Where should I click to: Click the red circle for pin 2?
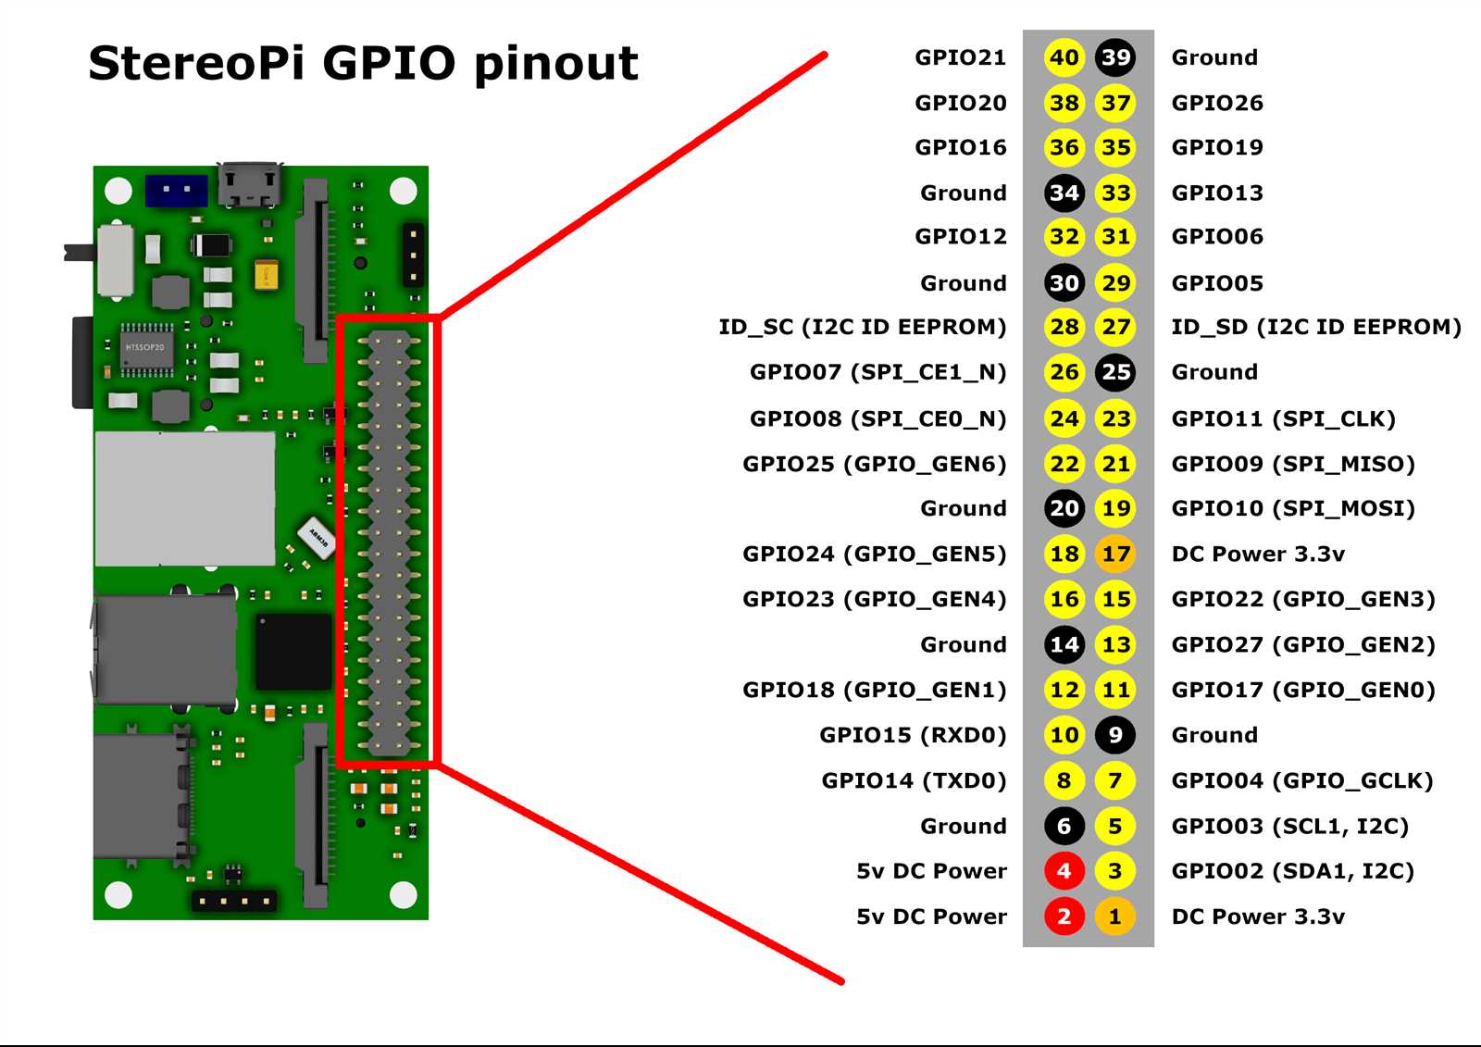(x=1064, y=916)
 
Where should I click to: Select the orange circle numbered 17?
(x=1115, y=554)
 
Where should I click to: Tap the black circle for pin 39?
(x=1115, y=57)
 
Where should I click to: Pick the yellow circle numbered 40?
(x=1064, y=57)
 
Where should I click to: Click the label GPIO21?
(x=960, y=57)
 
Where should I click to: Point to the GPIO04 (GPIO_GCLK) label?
(x=1301, y=780)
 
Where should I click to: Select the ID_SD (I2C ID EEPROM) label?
(x=1315, y=327)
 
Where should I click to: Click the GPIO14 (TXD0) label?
(x=914, y=780)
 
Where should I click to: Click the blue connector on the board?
(x=176, y=191)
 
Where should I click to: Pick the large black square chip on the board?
(x=292, y=651)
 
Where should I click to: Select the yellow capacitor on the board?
(x=266, y=275)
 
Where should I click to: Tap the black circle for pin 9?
(x=1115, y=735)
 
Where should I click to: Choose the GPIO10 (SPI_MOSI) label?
(x=1293, y=508)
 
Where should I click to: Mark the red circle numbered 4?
(x=1064, y=871)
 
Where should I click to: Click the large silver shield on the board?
(x=185, y=498)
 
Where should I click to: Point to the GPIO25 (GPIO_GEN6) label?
(x=874, y=464)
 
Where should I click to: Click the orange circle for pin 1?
(x=1115, y=916)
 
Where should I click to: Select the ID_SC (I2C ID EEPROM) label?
(x=862, y=327)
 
